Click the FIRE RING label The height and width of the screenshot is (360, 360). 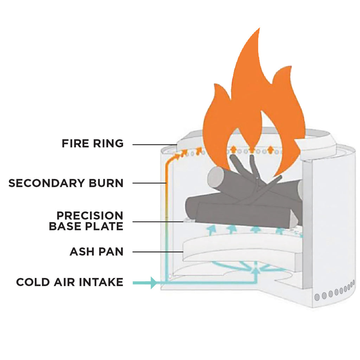tap(92, 144)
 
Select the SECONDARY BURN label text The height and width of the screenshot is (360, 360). tap(66, 183)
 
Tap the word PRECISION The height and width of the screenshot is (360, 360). tap(90, 215)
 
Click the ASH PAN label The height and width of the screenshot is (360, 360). tap(96, 252)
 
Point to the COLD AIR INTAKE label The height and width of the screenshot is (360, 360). tap(70, 282)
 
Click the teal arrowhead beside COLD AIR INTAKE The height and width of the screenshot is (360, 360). tap(153, 283)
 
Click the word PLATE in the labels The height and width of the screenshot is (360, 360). tap(105, 226)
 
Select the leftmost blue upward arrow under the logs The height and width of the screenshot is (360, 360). tap(211, 230)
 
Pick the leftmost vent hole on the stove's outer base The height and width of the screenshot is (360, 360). tap(317, 297)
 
